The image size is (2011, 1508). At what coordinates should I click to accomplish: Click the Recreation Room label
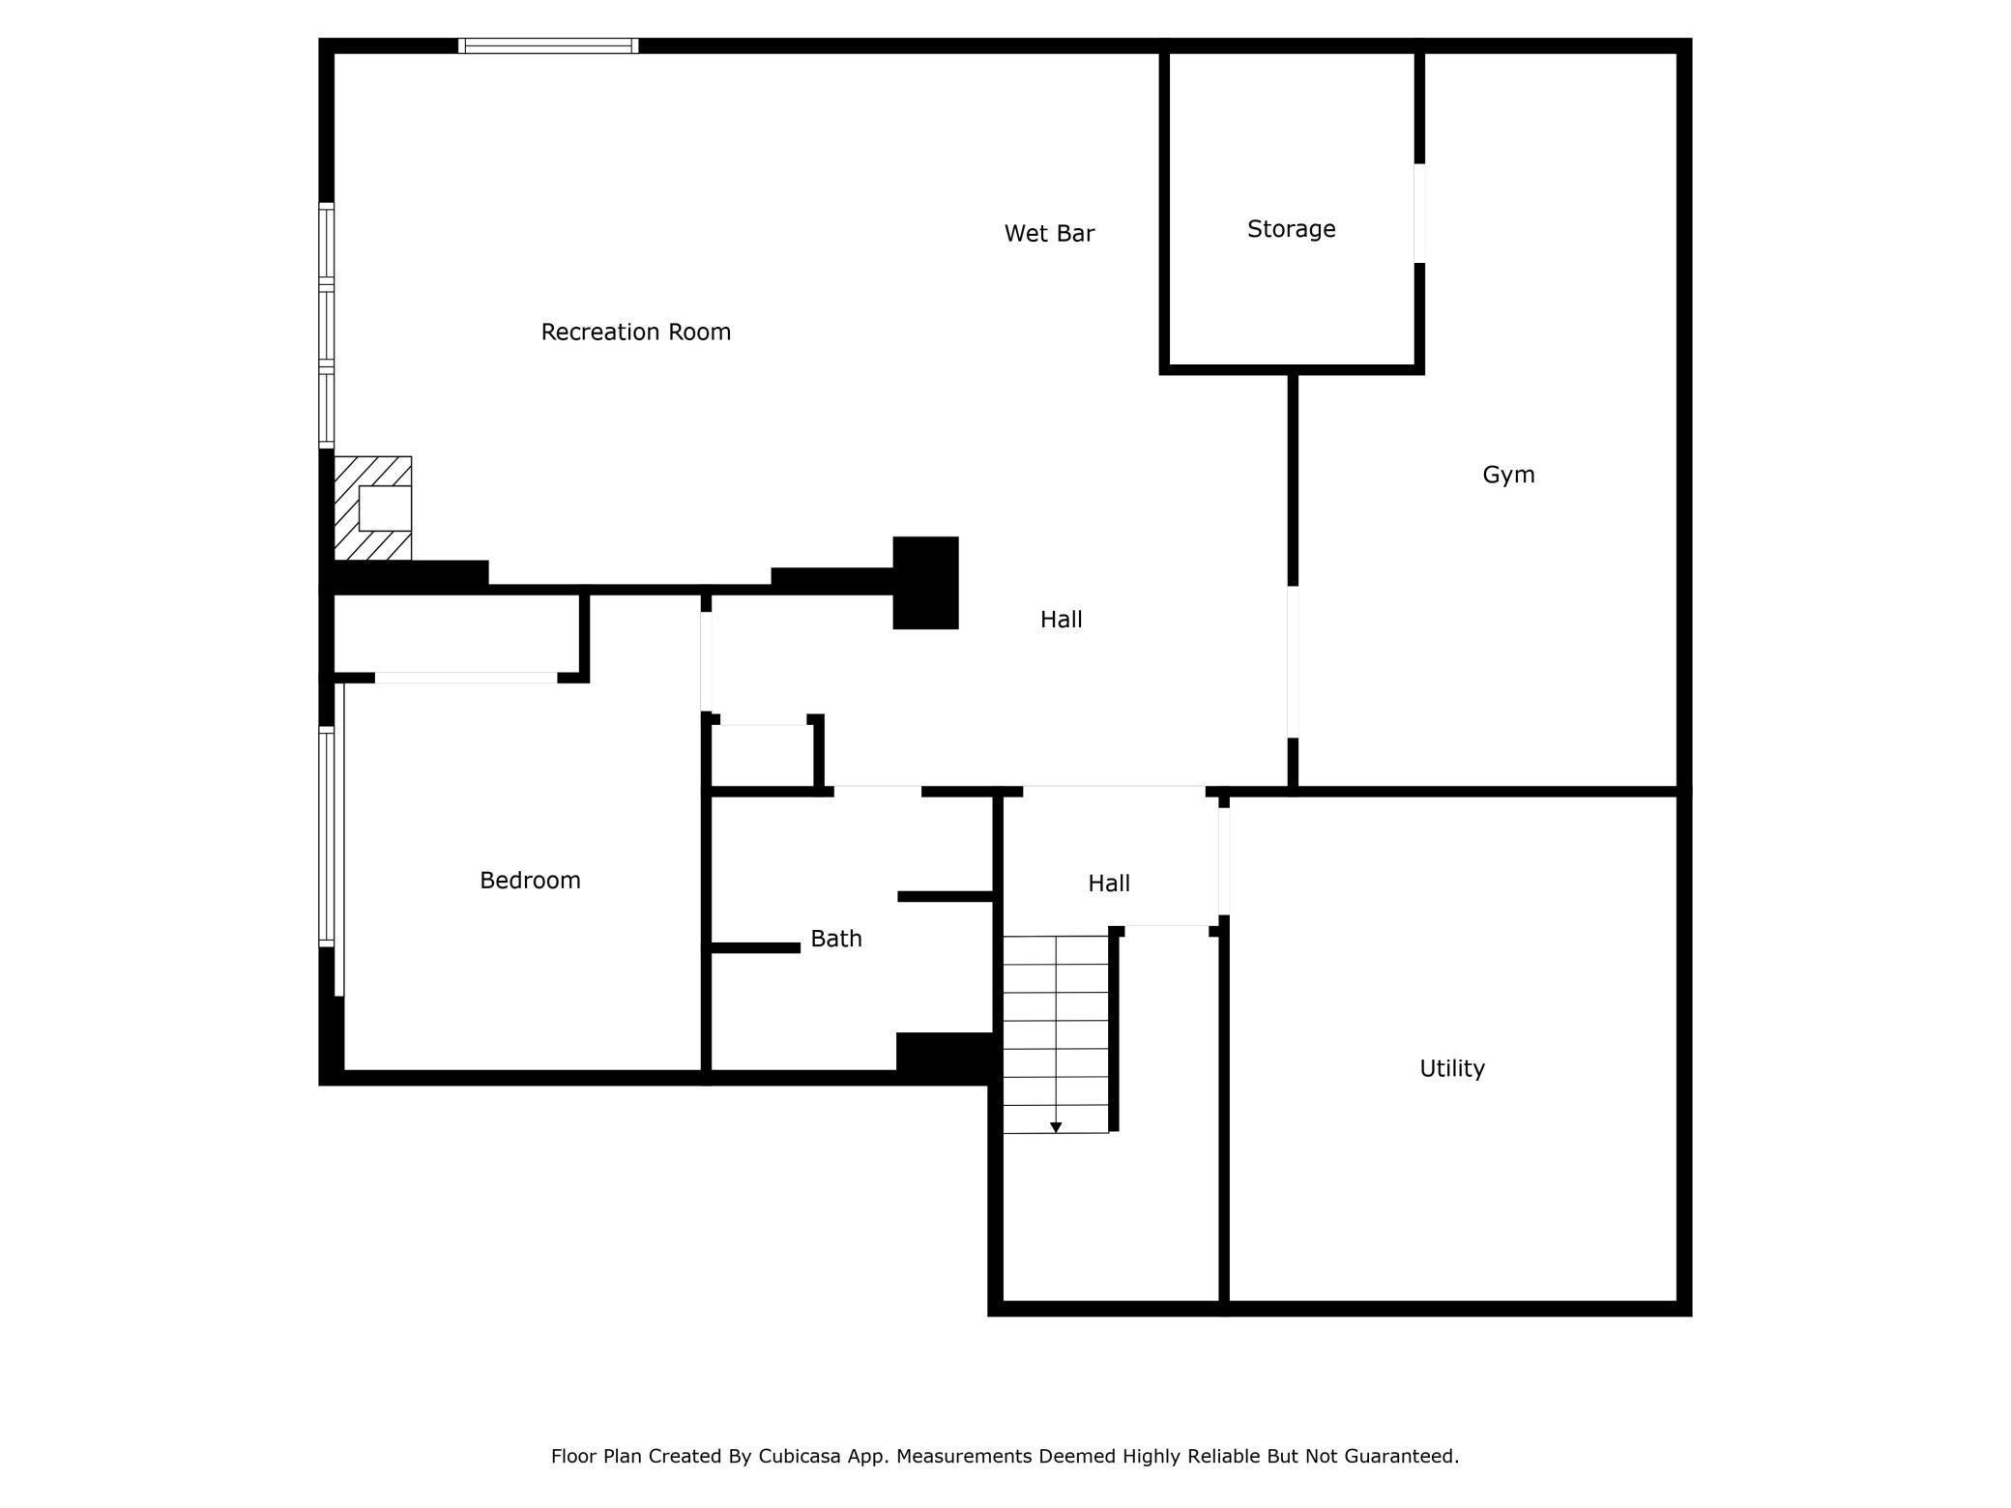635,332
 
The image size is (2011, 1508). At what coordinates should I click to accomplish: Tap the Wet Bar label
1049,233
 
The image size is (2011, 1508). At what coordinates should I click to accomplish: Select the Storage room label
1291,229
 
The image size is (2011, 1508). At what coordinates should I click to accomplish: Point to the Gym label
1508,475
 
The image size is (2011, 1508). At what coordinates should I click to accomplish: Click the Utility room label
1451,1068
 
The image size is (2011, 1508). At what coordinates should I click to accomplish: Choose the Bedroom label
530,880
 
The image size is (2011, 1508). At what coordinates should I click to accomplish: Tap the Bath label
835,939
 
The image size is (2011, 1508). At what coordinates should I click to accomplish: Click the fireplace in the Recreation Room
374,508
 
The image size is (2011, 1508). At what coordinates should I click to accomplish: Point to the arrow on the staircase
1056,1127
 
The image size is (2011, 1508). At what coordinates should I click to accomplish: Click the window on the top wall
548,45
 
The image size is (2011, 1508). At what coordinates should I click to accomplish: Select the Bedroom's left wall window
327,836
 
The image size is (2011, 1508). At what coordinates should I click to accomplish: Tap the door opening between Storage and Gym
1419,213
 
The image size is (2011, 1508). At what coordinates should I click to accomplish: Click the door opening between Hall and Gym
1293,661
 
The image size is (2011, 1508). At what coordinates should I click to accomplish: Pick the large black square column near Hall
925,583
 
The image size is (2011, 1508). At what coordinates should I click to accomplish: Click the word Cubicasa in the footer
797,1456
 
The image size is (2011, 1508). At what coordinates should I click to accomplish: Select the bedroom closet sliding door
466,678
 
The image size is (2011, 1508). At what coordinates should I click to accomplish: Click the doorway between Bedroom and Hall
706,662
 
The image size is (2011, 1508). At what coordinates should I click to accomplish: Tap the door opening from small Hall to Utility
1223,860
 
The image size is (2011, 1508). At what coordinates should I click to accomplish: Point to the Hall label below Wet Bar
1061,620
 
